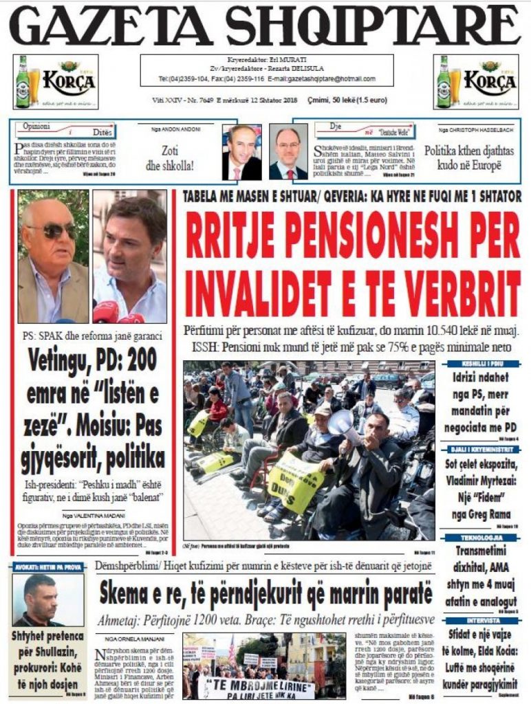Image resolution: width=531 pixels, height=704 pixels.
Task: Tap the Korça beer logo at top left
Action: [x=55, y=82]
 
